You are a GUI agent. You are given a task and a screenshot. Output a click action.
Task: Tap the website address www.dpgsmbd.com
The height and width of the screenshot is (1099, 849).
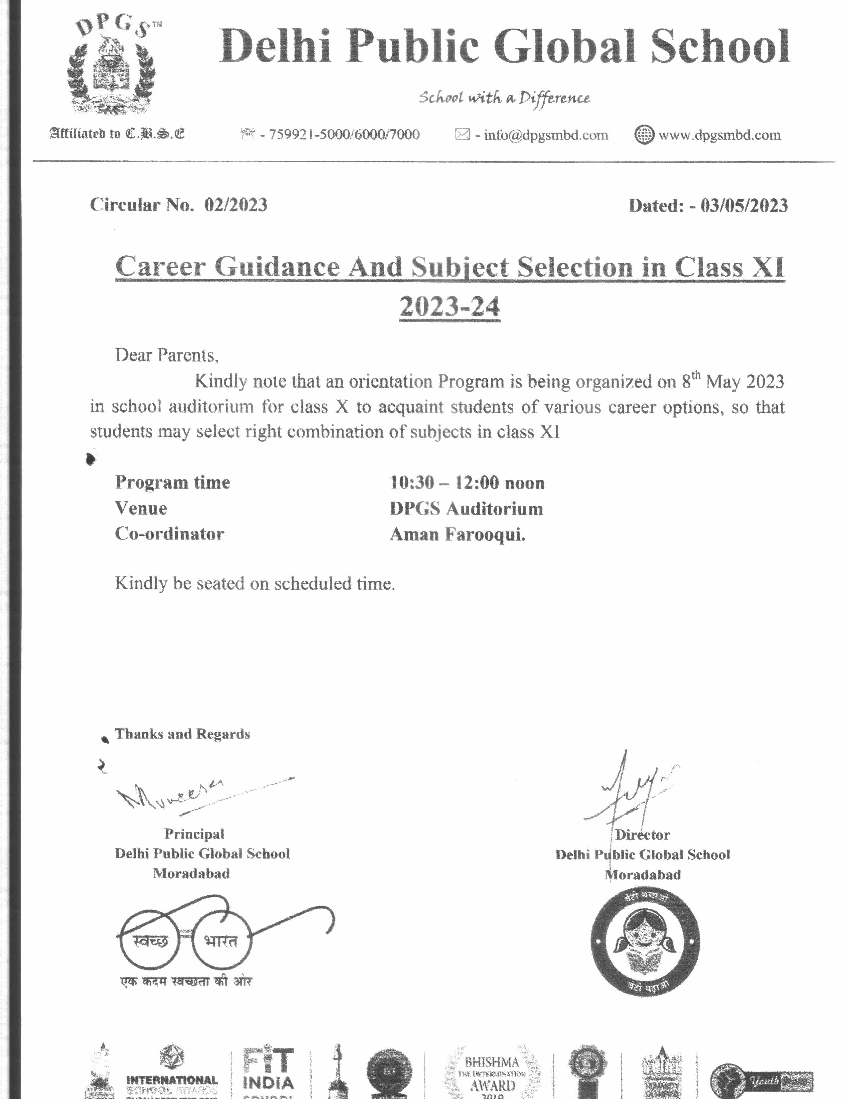tap(719, 135)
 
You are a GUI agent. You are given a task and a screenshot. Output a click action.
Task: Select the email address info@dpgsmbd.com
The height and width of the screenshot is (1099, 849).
tap(545, 135)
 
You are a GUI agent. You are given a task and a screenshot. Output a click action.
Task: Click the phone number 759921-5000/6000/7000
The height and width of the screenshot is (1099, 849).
tap(344, 134)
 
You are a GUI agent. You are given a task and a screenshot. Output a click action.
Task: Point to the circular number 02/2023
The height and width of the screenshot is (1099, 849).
tap(235, 205)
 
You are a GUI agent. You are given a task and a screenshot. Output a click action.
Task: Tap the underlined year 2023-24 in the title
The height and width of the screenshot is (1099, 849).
tap(450, 306)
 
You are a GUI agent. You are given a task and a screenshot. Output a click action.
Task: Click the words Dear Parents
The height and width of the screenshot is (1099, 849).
tap(166, 355)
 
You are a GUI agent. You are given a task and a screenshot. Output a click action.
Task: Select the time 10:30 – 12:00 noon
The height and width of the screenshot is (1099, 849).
tap(467, 483)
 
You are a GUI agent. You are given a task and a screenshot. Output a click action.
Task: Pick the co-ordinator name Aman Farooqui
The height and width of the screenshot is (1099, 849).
tap(457, 534)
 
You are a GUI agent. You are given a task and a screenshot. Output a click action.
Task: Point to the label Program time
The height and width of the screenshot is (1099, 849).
tap(172, 482)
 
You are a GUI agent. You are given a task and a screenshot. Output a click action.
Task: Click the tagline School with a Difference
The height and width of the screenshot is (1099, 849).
tap(504, 97)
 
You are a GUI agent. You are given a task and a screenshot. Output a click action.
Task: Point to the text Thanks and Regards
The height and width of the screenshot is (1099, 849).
tap(182, 734)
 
